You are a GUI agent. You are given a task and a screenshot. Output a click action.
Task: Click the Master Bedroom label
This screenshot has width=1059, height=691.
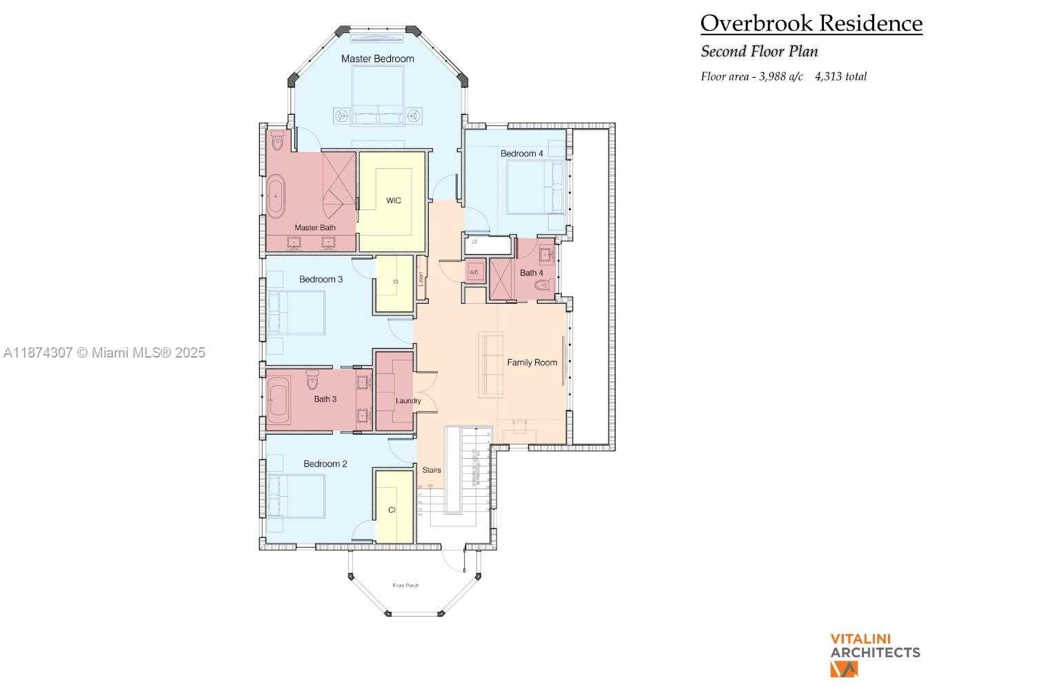[377, 59]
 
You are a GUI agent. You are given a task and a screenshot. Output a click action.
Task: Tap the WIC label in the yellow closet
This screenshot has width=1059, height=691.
[393, 200]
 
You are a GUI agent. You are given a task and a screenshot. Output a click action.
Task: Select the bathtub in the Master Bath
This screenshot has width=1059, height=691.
[276, 195]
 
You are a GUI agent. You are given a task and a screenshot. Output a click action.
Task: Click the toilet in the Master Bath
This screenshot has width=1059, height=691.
[277, 142]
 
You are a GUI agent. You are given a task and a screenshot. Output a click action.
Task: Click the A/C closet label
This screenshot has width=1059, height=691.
[474, 273]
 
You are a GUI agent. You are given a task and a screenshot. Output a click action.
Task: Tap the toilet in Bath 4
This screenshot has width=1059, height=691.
[544, 285]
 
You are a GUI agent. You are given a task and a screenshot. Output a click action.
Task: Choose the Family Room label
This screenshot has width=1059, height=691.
[532, 362]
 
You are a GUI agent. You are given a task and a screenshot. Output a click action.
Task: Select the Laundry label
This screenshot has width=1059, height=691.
[408, 401]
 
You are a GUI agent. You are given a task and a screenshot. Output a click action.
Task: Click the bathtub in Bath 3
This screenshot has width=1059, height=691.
[279, 399]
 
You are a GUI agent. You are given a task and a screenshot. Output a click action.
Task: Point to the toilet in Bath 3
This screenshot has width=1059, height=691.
[312, 380]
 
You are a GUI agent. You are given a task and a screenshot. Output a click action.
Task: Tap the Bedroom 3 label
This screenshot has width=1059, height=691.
[321, 279]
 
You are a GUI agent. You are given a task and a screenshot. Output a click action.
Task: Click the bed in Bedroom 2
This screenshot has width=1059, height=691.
[296, 496]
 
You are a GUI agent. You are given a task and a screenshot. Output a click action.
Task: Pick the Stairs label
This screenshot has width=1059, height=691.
[432, 470]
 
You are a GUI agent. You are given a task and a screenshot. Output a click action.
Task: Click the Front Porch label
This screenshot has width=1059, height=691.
[405, 586]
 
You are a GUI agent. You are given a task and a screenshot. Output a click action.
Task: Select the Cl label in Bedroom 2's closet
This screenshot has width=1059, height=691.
[392, 510]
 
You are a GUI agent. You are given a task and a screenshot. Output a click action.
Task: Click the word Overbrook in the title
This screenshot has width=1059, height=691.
[748, 23]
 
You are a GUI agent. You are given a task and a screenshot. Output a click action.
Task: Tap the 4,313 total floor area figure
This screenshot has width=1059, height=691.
[840, 76]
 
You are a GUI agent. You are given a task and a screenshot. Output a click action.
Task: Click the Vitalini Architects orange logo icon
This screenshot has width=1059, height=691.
[844, 669]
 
